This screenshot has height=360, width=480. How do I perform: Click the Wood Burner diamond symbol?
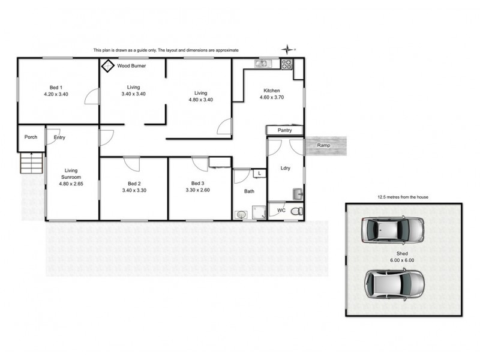[108, 65]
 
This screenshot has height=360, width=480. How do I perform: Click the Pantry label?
[284, 130]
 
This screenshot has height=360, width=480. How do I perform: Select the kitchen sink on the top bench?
[262, 64]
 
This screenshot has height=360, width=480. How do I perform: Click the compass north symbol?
[289, 49]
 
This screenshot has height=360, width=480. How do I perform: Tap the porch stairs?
[32, 162]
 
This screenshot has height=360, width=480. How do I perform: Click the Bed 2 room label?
[134, 184]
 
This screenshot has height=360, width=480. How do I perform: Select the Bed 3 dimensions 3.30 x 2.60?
[197, 190]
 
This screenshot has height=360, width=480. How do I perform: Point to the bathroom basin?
[241, 214]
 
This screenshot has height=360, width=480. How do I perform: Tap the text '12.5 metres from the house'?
[402, 197]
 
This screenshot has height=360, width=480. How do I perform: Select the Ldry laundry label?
[286, 168]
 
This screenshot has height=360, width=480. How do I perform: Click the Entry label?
[59, 137]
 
